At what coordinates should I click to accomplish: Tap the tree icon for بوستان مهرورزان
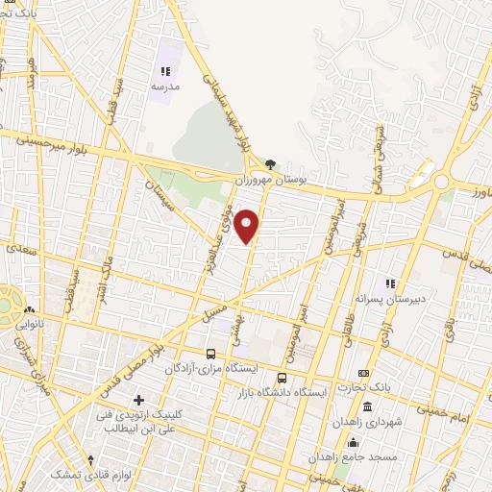tap(270, 165)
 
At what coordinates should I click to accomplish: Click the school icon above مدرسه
tap(164, 71)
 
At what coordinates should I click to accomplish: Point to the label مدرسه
tap(164, 86)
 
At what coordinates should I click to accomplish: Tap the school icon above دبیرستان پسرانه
tap(389, 283)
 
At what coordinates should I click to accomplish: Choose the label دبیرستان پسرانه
tap(389, 298)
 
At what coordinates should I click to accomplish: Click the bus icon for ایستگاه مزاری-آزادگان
tap(210, 354)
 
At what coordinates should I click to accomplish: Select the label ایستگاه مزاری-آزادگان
tap(204, 369)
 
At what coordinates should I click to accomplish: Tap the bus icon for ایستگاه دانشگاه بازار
tap(283, 377)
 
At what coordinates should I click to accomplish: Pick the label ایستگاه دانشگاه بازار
tap(283, 392)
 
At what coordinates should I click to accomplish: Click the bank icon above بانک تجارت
tap(363, 373)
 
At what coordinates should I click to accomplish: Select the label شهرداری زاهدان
tap(366, 423)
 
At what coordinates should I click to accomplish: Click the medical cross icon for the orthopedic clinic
tap(139, 399)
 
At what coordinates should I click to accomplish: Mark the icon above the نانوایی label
tap(30, 309)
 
